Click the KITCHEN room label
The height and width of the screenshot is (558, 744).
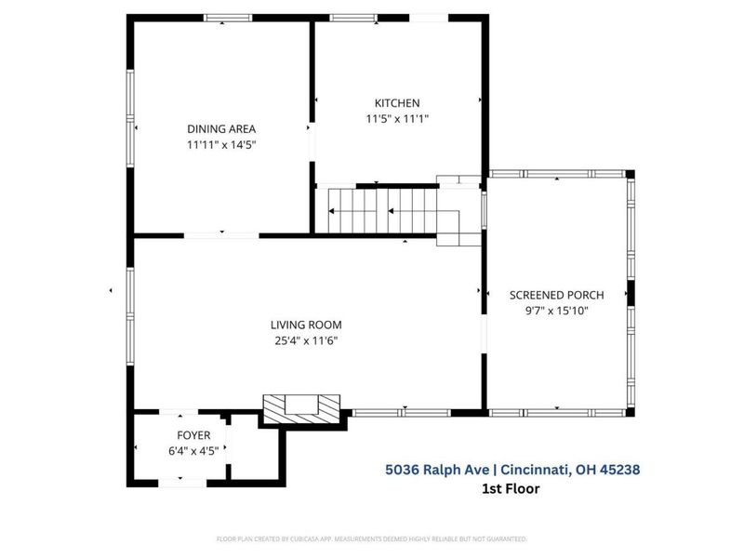(397, 103)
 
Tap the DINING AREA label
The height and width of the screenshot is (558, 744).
(221, 129)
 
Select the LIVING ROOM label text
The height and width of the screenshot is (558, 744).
(306, 325)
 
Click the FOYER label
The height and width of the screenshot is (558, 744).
(193, 435)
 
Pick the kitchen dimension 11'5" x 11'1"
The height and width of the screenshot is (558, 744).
(397, 119)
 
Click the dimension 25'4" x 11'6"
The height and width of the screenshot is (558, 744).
(306, 341)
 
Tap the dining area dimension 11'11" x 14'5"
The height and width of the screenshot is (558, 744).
(221, 145)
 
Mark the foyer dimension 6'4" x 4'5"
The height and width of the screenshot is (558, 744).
(193, 451)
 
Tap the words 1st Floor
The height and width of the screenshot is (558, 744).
(511, 488)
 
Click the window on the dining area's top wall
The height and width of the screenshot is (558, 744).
(227, 18)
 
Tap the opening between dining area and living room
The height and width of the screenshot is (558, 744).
(221, 235)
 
